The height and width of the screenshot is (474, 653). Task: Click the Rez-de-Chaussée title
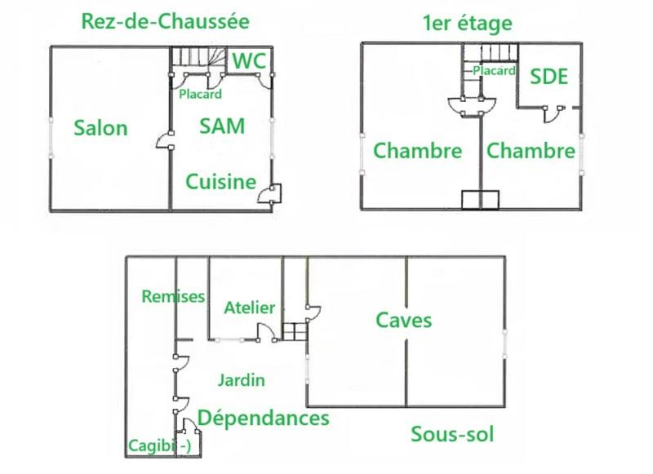point(165,20)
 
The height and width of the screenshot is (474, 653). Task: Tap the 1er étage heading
point(468,22)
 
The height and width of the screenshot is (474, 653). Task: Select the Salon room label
point(100,127)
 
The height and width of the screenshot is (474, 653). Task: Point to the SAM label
point(222,126)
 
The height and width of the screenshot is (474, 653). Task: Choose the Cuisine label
point(220,181)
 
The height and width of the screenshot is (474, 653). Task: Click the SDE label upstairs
point(549,77)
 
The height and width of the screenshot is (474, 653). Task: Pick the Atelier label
point(249,308)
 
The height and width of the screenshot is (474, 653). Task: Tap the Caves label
point(403,319)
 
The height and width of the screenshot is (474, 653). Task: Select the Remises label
point(173,296)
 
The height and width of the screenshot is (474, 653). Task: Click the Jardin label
point(241,379)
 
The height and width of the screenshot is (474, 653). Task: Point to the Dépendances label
point(264,418)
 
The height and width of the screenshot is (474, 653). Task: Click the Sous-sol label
point(452,433)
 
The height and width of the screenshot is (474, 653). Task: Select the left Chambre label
point(418,151)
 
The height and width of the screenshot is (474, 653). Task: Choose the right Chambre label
point(531,151)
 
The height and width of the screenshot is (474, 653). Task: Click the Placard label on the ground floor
point(200,94)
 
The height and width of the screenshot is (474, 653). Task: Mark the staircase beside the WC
point(196,58)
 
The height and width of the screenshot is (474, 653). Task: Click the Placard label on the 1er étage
point(494,71)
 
